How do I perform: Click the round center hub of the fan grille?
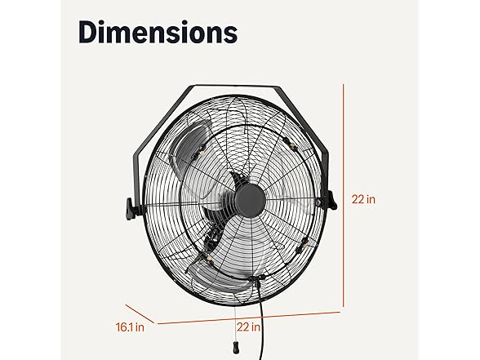coord(247,198)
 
